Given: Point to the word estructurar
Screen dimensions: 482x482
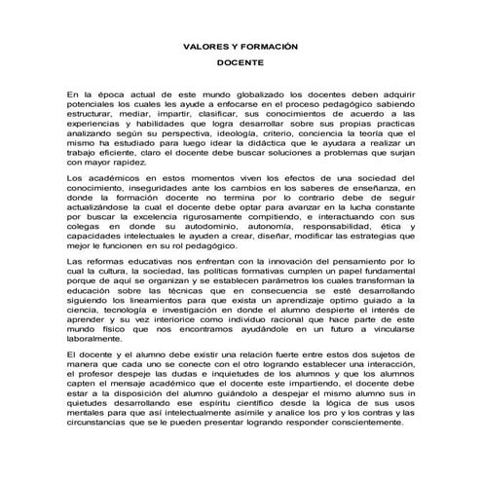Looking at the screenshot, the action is coord(92,112).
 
